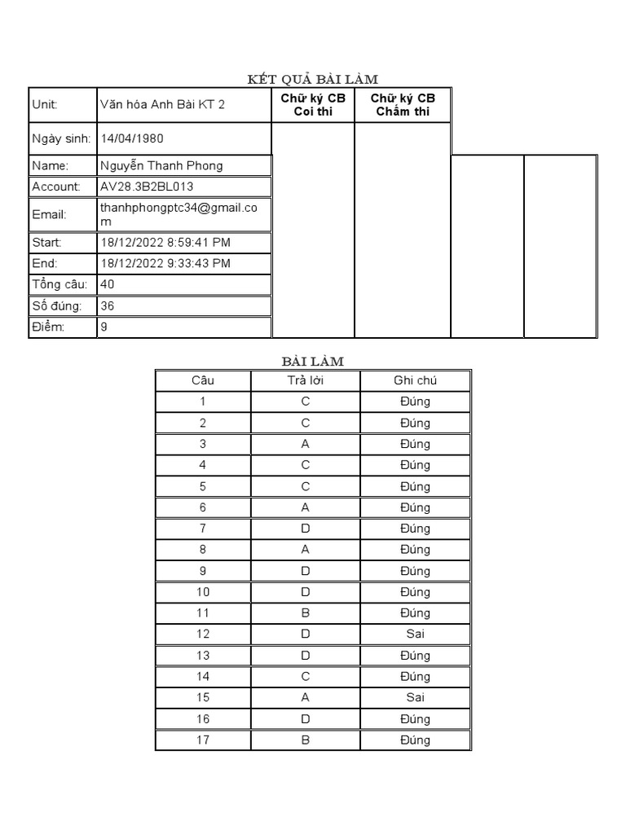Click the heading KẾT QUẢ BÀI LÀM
[x=313, y=78]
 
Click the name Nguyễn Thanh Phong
[x=161, y=165]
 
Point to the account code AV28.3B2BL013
[x=146, y=187]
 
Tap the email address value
[x=178, y=214]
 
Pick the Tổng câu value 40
[x=108, y=284]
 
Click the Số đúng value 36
[x=108, y=305]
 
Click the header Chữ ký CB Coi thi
[x=313, y=104]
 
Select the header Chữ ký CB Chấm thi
[x=403, y=104]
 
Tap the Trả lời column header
[x=305, y=380]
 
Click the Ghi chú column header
[x=415, y=380]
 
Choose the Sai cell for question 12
[x=415, y=634]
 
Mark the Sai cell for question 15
[x=415, y=697]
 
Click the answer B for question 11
[x=305, y=612]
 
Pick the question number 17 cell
[x=203, y=740]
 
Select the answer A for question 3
[x=305, y=444]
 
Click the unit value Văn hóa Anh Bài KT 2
[x=161, y=104]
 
